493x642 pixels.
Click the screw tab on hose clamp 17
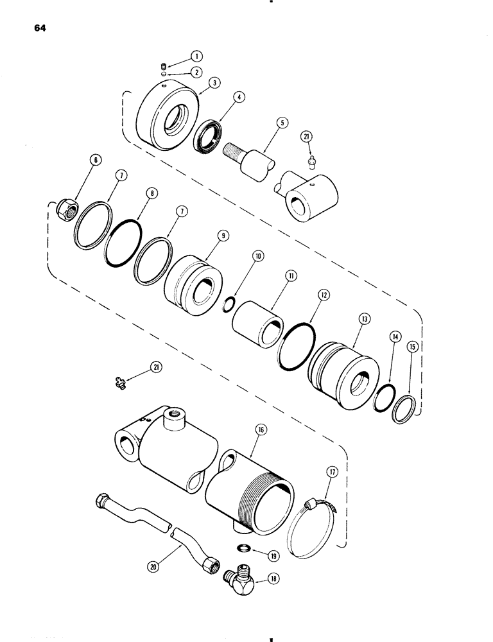(x=313, y=501)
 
